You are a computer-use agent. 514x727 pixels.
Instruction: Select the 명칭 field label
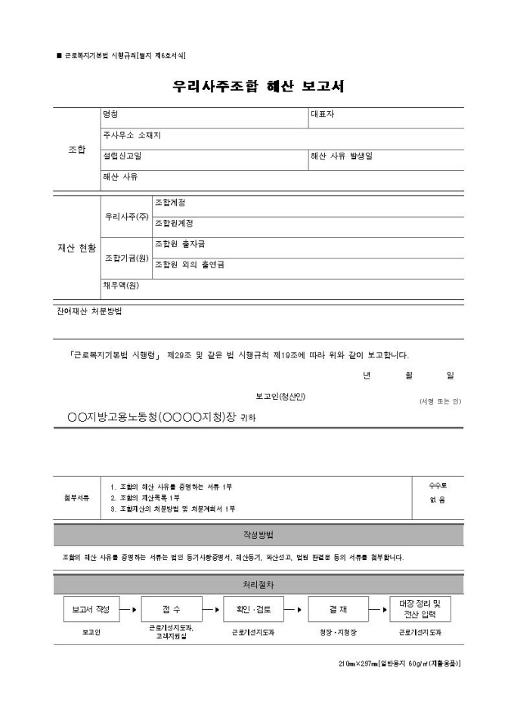(x=111, y=115)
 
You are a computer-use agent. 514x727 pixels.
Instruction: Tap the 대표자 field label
(x=323, y=115)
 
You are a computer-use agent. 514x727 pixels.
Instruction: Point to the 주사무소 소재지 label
(x=132, y=135)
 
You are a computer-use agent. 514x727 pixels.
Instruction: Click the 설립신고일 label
(x=122, y=156)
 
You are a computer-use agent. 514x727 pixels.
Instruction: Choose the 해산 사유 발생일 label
(x=342, y=156)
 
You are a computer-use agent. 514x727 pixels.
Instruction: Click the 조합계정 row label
(x=171, y=203)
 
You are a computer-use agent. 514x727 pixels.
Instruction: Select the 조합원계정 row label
(x=175, y=223)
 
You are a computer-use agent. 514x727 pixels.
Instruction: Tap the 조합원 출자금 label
(x=180, y=244)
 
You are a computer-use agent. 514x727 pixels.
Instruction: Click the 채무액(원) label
(x=122, y=286)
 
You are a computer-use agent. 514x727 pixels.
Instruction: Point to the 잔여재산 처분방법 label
(x=89, y=311)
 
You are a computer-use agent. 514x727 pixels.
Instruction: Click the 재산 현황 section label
(x=77, y=248)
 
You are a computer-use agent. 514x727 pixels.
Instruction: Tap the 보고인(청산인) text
(x=280, y=396)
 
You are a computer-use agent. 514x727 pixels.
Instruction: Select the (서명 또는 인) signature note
(x=440, y=401)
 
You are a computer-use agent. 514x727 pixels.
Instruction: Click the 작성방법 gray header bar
(x=258, y=534)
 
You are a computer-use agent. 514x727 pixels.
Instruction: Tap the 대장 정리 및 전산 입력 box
(x=425, y=607)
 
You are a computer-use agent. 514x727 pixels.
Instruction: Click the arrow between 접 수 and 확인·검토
(x=212, y=608)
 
